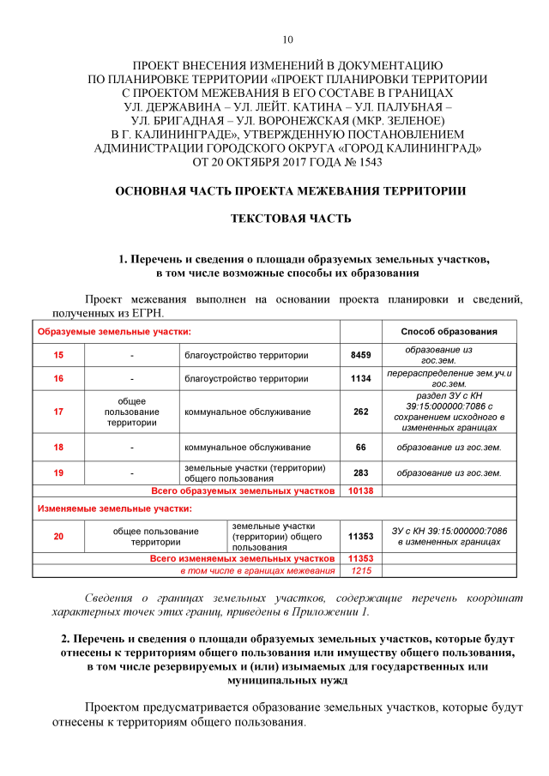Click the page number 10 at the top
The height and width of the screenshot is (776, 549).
[287, 39]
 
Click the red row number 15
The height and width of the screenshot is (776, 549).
[58, 355]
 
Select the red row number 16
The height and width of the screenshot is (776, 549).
[58, 378]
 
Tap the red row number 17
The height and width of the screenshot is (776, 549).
[58, 412]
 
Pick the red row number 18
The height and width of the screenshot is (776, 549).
[58, 447]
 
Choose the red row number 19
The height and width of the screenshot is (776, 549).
[58, 472]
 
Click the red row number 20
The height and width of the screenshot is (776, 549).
[58, 537]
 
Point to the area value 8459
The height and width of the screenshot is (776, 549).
[360, 355]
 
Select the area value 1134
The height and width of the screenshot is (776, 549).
[360, 378]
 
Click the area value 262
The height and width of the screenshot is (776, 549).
[360, 412]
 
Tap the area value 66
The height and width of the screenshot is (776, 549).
[360, 447]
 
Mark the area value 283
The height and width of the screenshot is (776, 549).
[360, 472]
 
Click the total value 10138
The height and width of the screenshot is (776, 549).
[360, 491]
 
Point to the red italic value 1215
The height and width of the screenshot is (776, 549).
[360, 570]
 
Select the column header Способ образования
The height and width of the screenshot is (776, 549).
[449, 332]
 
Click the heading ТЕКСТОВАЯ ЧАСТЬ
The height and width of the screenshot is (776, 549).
[291, 219]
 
